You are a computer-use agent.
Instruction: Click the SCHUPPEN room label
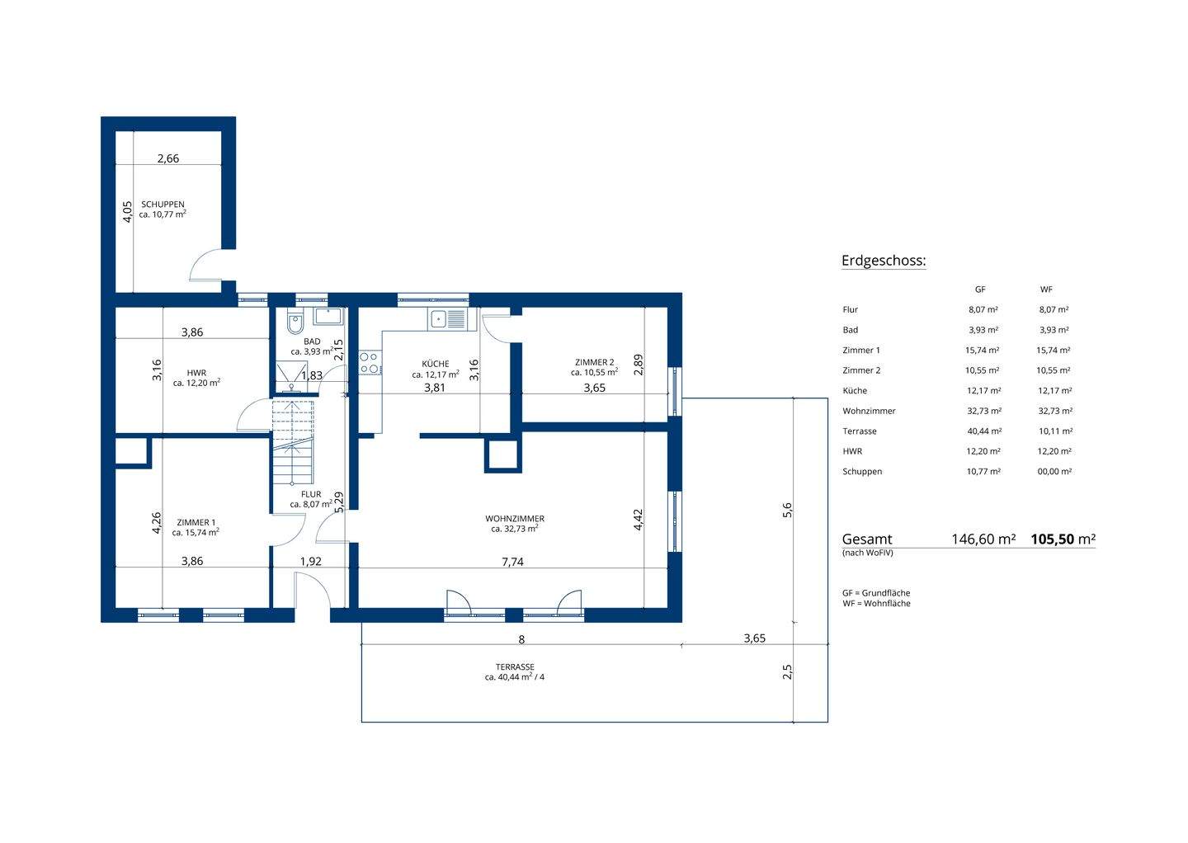[x=163, y=204]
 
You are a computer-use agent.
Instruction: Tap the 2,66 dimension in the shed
[x=168, y=158]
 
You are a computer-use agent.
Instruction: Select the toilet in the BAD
[x=295, y=323]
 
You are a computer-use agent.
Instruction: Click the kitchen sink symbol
[x=448, y=318]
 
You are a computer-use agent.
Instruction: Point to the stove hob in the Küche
[x=370, y=363]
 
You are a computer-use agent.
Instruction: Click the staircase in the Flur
[x=292, y=442]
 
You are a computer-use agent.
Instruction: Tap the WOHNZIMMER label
[x=515, y=519]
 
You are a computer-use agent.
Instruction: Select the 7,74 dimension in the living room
[x=512, y=562]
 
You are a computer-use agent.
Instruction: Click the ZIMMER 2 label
[x=595, y=362]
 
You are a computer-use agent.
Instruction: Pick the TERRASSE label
[x=515, y=667]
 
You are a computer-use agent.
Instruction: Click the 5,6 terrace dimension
[x=787, y=510]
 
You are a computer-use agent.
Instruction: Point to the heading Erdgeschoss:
[x=884, y=261]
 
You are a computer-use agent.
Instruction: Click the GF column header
[x=980, y=290]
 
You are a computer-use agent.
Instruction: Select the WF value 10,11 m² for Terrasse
[x=1055, y=431]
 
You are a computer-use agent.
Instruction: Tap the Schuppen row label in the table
[x=862, y=471]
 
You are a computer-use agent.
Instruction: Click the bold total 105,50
[x=1052, y=539]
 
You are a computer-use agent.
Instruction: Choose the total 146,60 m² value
[x=983, y=539]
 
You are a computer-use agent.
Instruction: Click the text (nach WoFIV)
[x=868, y=553]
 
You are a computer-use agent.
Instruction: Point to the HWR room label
[x=196, y=373]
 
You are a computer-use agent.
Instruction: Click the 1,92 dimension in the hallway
[x=311, y=562]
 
